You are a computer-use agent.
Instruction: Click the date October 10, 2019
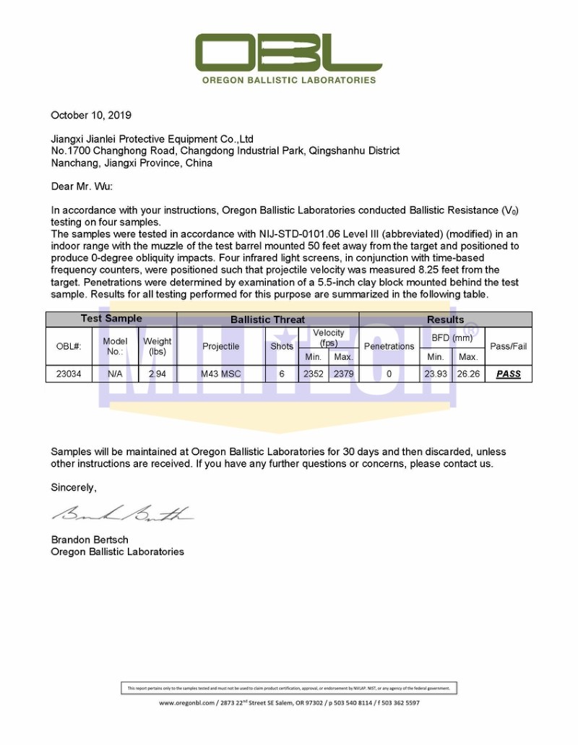(x=91, y=115)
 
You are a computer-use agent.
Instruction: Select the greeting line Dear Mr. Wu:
(x=82, y=186)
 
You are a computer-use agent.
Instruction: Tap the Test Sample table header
(x=111, y=319)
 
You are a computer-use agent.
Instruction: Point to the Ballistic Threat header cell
(x=267, y=319)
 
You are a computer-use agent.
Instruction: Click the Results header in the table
(x=445, y=319)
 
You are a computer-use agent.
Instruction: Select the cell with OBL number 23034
(x=70, y=374)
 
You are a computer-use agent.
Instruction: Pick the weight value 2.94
(x=158, y=374)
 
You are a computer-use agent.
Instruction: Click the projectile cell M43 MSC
(x=221, y=374)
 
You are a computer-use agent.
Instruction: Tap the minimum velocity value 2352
(x=313, y=374)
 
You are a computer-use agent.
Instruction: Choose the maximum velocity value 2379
(x=343, y=374)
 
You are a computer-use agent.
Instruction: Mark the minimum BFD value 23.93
(x=436, y=374)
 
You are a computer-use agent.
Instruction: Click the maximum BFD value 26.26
(x=468, y=374)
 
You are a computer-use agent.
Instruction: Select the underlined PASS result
(x=509, y=374)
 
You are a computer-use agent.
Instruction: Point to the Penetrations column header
(x=389, y=346)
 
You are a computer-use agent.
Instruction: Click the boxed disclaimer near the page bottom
(x=288, y=688)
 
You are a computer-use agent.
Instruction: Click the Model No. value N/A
(x=115, y=374)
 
